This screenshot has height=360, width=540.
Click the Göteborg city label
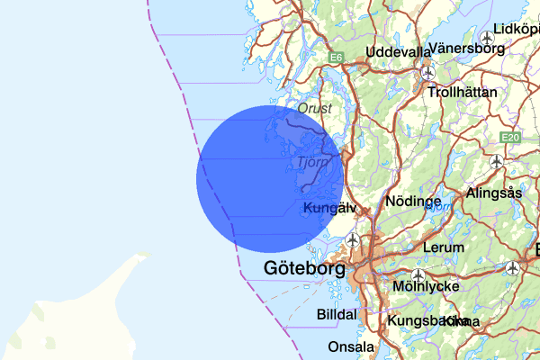tap(305, 268)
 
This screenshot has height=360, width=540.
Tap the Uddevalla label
tap(399, 51)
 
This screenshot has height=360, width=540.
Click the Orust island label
tap(315, 108)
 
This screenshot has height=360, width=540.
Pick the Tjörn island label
tap(311, 163)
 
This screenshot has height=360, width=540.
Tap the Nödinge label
tap(412, 202)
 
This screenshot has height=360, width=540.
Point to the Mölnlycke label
tap(427, 287)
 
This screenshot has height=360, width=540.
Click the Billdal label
tap(337, 315)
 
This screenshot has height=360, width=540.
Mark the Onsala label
tap(351, 346)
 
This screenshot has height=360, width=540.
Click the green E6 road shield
tap(336, 58)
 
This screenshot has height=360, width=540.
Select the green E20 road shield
tap(510, 137)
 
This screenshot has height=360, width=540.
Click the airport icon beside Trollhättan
tap(428, 72)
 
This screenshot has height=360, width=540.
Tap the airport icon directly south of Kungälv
tap(353, 240)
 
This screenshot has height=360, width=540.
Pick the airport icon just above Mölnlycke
tap(417, 274)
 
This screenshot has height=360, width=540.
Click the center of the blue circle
tap(270, 179)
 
